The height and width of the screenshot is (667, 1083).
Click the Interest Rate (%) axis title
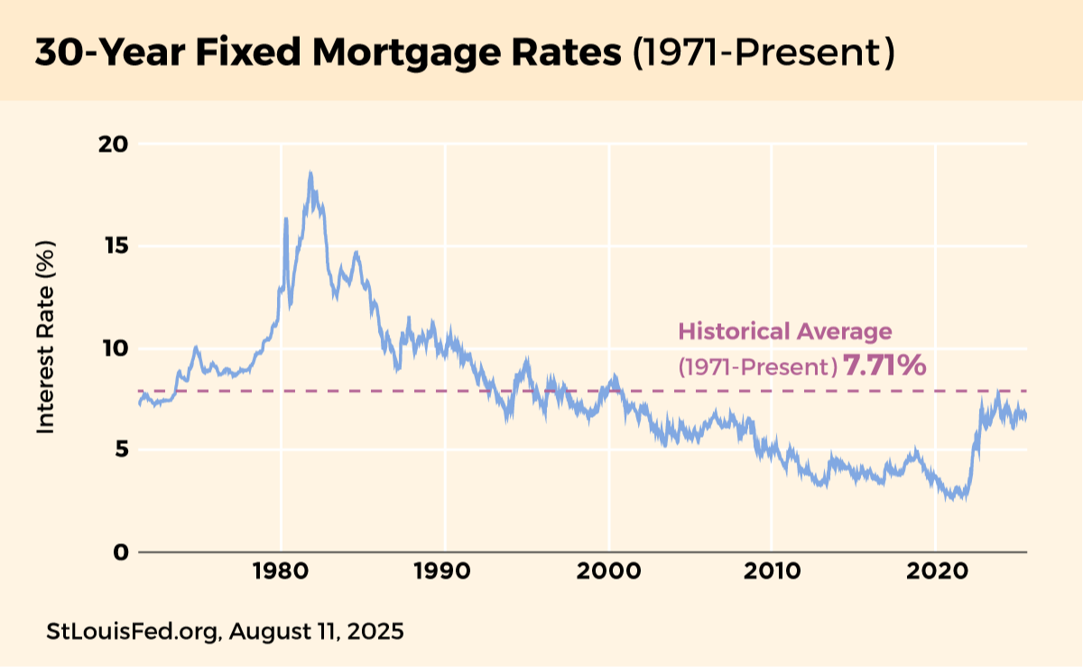[x=46, y=337]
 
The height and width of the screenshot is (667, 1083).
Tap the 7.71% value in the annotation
[x=884, y=366]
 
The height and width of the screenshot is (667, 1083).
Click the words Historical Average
[x=784, y=331]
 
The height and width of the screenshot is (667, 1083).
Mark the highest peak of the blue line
[x=310, y=172]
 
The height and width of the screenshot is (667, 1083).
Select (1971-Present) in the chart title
[x=763, y=53]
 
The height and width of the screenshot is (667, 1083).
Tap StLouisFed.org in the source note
[x=131, y=631]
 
